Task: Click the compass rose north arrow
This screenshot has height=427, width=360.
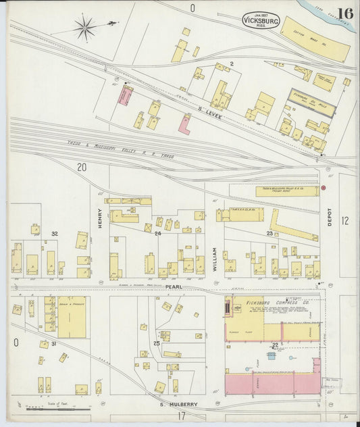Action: [x=86, y=28]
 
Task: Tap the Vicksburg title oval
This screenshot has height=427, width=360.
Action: [x=260, y=20]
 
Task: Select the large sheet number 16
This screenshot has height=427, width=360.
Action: [x=344, y=14]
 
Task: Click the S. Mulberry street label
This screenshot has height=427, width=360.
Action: [x=179, y=405]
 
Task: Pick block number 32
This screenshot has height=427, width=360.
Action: [x=54, y=234]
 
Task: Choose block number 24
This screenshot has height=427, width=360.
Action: [x=157, y=234]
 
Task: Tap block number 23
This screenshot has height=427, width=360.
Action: [x=269, y=234]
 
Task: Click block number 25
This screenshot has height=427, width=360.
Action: [x=157, y=344]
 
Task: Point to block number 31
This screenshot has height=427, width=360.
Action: [x=53, y=344]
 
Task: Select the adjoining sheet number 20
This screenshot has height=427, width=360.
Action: [x=82, y=167]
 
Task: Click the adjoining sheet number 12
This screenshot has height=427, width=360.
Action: [x=345, y=220]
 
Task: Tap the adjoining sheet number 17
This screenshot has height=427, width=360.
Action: [x=181, y=416]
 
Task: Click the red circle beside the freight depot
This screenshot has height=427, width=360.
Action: [x=324, y=187]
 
